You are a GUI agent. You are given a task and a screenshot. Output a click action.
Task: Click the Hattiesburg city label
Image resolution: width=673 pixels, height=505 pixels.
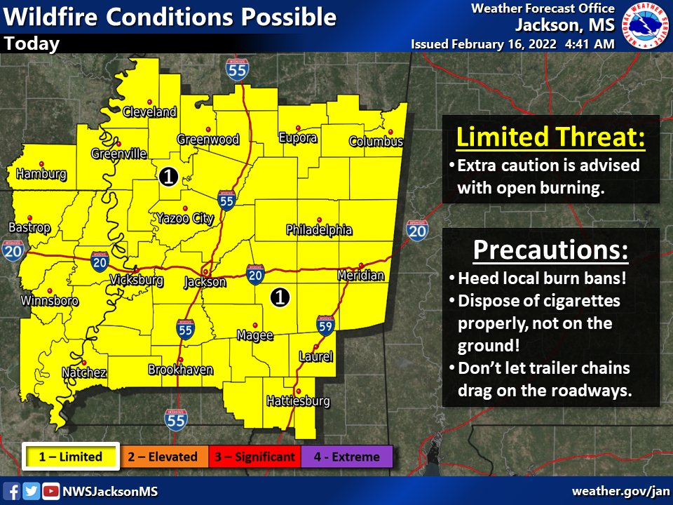[x=298, y=402]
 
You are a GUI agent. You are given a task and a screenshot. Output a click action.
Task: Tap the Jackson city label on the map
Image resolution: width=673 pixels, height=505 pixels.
[x=205, y=282]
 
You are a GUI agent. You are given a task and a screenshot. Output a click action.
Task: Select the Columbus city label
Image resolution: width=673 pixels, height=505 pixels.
[x=376, y=142]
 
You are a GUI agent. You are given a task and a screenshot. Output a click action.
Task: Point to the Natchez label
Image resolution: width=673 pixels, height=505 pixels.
[x=84, y=372]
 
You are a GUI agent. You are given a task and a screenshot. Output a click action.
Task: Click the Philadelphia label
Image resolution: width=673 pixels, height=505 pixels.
[x=319, y=230]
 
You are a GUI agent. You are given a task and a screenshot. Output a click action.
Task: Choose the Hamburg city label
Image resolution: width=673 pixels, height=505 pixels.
[x=41, y=173]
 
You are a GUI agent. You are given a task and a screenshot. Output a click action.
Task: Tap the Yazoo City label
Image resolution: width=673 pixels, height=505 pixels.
[x=184, y=219]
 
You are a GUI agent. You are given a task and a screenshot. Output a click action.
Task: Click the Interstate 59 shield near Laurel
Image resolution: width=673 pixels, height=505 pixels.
[x=325, y=324]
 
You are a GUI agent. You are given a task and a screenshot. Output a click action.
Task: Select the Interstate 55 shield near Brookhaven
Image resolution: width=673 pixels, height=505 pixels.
[x=185, y=331]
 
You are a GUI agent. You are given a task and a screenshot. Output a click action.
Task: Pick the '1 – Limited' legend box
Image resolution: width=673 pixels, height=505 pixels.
[x=70, y=457]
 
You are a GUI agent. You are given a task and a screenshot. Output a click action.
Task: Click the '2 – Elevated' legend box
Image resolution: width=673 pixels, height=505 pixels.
[x=163, y=457]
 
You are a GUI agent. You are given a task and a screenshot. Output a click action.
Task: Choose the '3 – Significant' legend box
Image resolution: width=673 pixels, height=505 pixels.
[x=254, y=457]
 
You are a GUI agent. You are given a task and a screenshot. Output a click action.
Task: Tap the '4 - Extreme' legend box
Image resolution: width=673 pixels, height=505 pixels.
[x=346, y=457]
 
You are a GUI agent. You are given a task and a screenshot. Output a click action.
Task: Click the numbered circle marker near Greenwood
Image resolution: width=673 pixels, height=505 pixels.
[x=168, y=176]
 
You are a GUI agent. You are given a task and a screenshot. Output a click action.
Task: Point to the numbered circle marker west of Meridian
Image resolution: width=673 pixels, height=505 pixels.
[x=280, y=297]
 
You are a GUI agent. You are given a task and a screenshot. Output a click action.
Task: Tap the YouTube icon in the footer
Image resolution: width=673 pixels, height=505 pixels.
[x=50, y=491]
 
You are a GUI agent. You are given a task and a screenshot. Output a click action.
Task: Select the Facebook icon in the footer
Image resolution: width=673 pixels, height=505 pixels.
[x=12, y=491]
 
